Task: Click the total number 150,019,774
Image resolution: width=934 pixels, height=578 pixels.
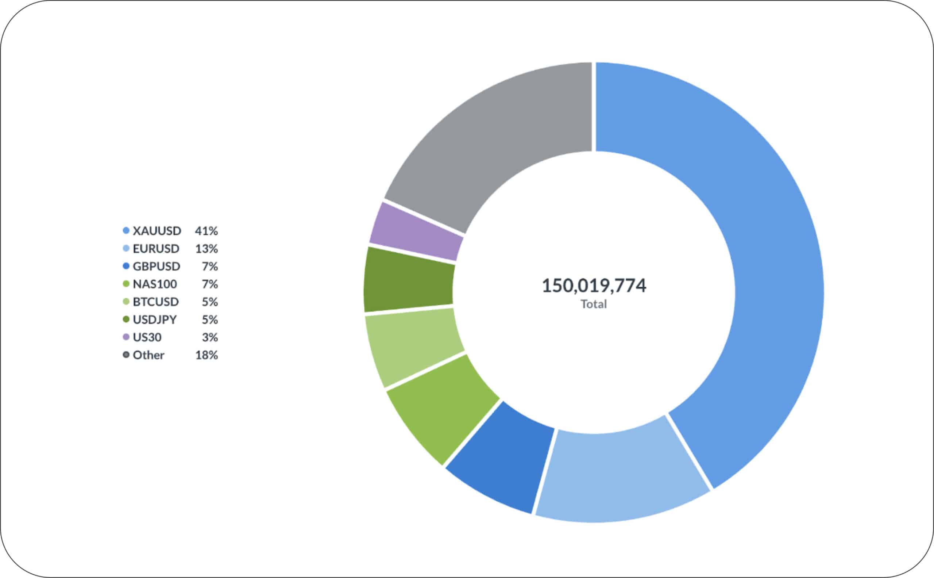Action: pos(594,286)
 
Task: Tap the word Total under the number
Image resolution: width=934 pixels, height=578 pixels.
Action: pos(594,304)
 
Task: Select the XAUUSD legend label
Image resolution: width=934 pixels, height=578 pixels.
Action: pos(157,231)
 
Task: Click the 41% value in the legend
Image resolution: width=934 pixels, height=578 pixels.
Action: pos(206,231)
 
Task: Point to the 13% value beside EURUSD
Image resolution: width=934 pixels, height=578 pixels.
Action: pos(206,249)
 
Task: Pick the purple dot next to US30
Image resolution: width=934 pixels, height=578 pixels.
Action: pos(126,337)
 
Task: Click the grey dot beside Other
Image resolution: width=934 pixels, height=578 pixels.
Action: pos(126,355)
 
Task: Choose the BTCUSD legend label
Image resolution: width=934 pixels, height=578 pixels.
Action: pos(155,302)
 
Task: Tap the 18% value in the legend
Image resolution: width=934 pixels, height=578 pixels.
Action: pos(206,355)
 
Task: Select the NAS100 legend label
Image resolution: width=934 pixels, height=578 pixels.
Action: pos(155,284)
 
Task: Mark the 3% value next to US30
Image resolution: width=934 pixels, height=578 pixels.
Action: pos(210,337)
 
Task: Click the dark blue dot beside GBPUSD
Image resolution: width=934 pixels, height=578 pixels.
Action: pos(126,266)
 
